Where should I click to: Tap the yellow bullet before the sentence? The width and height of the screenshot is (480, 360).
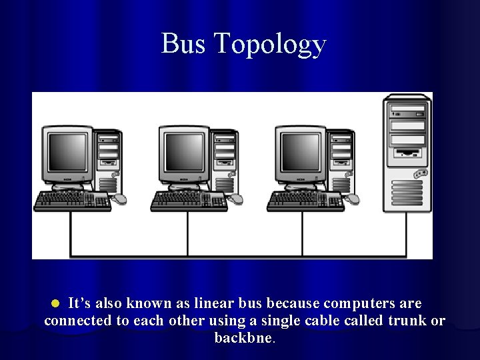pos(57,303)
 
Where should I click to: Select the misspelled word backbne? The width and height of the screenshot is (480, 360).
pos(243,338)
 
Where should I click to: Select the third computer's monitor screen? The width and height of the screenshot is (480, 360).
pos(301,152)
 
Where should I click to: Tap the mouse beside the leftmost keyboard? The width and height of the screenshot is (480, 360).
pos(119,199)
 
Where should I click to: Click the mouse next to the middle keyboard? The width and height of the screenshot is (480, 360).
pos(236,199)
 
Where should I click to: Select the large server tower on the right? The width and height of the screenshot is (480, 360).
pos(407,153)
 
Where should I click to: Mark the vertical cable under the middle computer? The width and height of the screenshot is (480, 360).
pos(187,233)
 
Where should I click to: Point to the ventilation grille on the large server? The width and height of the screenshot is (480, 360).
pos(407,192)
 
